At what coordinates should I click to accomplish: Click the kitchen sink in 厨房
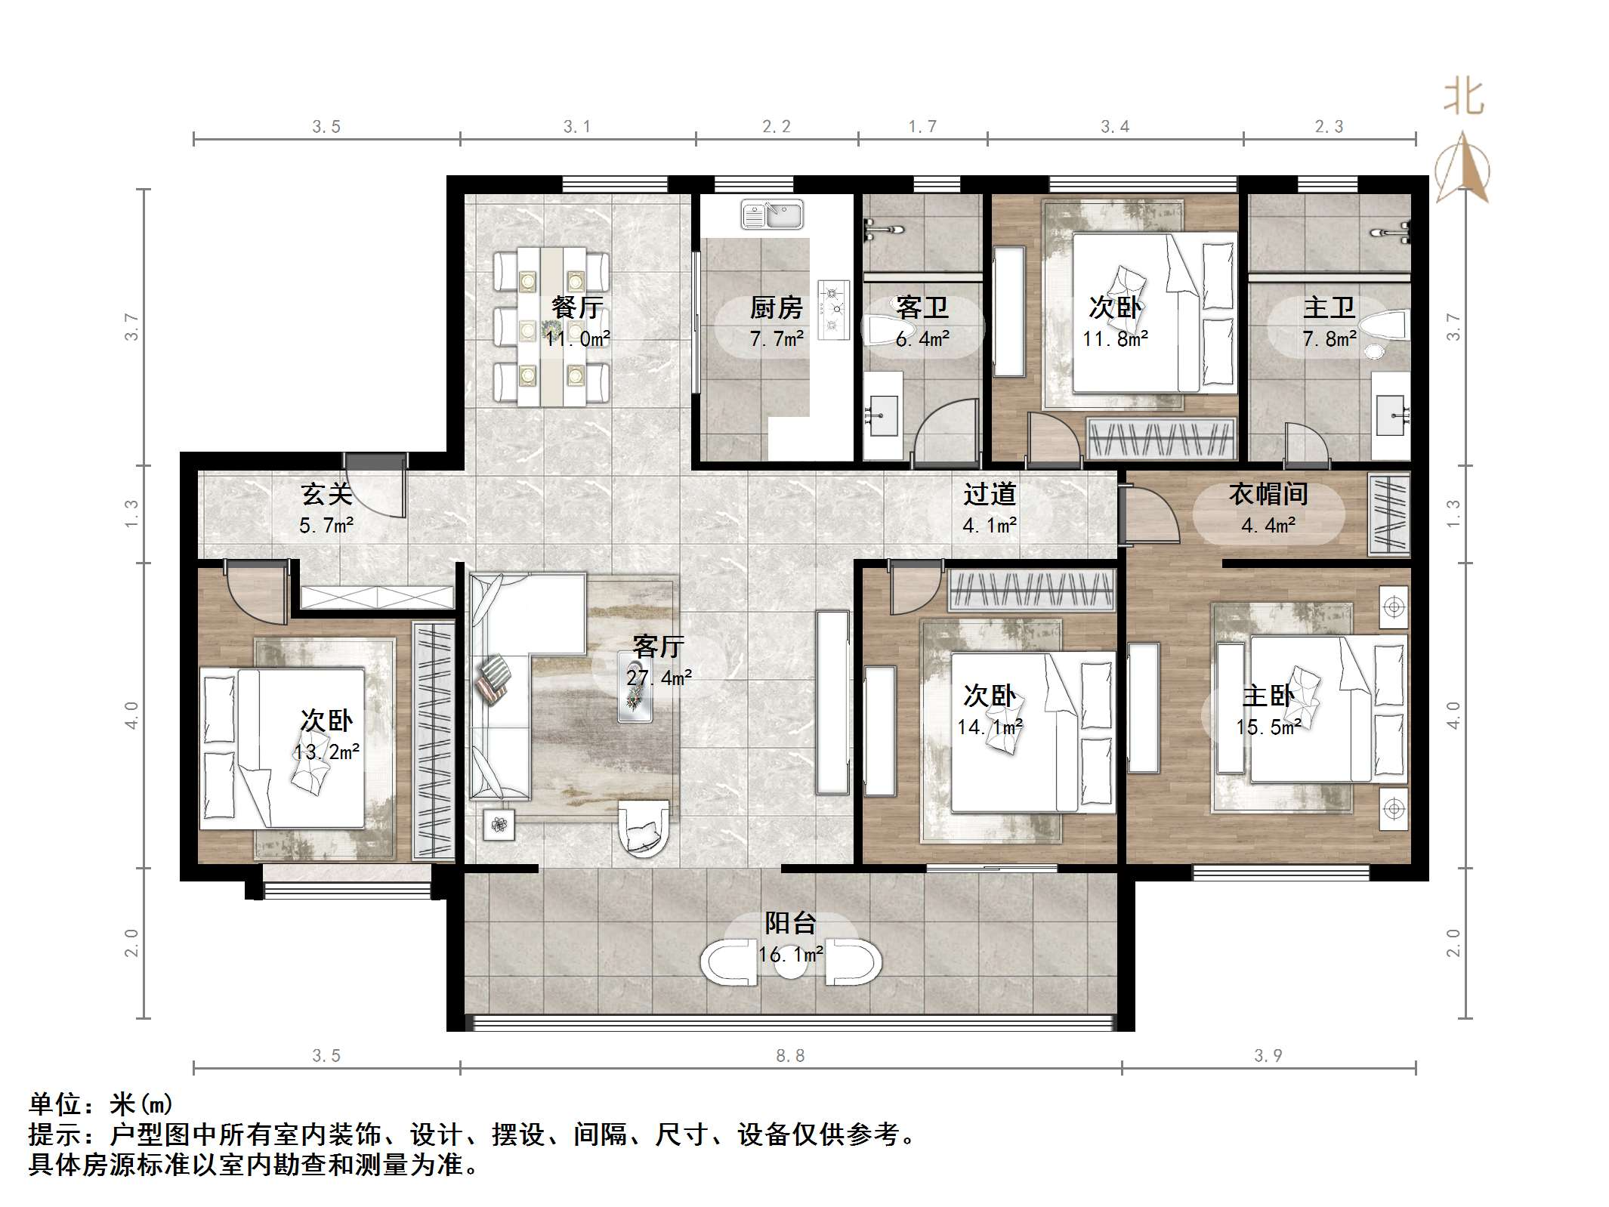point(772,215)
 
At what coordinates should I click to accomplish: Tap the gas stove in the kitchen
point(833,307)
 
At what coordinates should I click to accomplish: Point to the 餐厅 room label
point(577,307)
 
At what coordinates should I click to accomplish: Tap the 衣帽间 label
point(1268,494)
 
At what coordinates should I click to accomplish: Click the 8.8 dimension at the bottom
point(790,1055)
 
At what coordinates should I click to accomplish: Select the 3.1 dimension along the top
point(577,127)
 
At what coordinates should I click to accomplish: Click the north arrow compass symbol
point(1463,168)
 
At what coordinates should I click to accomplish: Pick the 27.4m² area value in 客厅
point(659,678)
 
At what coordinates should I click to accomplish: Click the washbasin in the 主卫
point(1391,415)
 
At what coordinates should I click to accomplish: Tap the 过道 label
point(990,494)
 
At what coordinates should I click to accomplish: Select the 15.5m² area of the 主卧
point(1268,727)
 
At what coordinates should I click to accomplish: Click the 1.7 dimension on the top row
point(922,127)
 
